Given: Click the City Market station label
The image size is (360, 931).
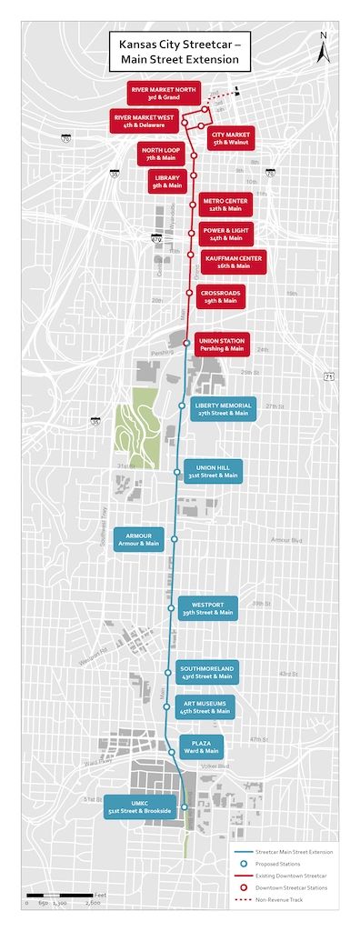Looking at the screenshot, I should click(230, 137).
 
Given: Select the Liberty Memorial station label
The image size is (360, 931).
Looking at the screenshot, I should click(223, 407).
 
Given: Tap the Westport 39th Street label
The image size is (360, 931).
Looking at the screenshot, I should click(207, 607).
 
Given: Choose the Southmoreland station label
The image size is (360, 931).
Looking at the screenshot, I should click(206, 671).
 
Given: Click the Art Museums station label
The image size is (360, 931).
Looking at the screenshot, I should click(205, 706).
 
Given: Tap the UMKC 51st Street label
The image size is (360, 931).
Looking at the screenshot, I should click(139, 807).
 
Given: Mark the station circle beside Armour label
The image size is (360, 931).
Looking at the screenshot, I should click(175, 539).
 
